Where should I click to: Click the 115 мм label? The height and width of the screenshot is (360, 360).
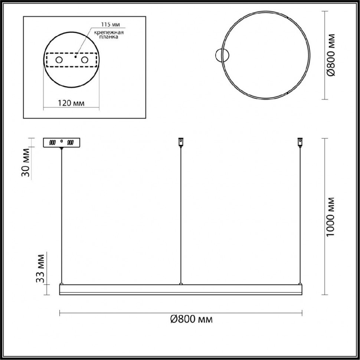[x=110, y=25]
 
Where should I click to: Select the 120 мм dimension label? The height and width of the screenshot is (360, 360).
[x=72, y=103]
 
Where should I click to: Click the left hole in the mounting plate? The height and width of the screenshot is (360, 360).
[x=59, y=60]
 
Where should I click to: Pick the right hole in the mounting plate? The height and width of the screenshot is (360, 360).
[x=85, y=60]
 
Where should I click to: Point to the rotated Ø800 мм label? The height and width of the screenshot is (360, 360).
[x=332, y=55]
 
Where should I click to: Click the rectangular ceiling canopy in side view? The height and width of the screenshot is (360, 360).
[x=62, y=143]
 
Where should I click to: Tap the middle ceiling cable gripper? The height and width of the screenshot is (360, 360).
[x=181, y=141]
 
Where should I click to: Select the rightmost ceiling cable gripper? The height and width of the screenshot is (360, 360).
[x=300, y=141]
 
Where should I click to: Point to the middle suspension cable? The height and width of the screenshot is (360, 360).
[x=181, y=215]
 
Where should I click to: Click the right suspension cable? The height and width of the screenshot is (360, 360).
[x=300, y=215]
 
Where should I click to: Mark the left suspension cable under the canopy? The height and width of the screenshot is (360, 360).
[x=62, y=215]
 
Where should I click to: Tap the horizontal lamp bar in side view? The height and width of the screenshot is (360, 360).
[x=181, y=289]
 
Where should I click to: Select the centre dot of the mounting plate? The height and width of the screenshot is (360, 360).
[x=75, y=57]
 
